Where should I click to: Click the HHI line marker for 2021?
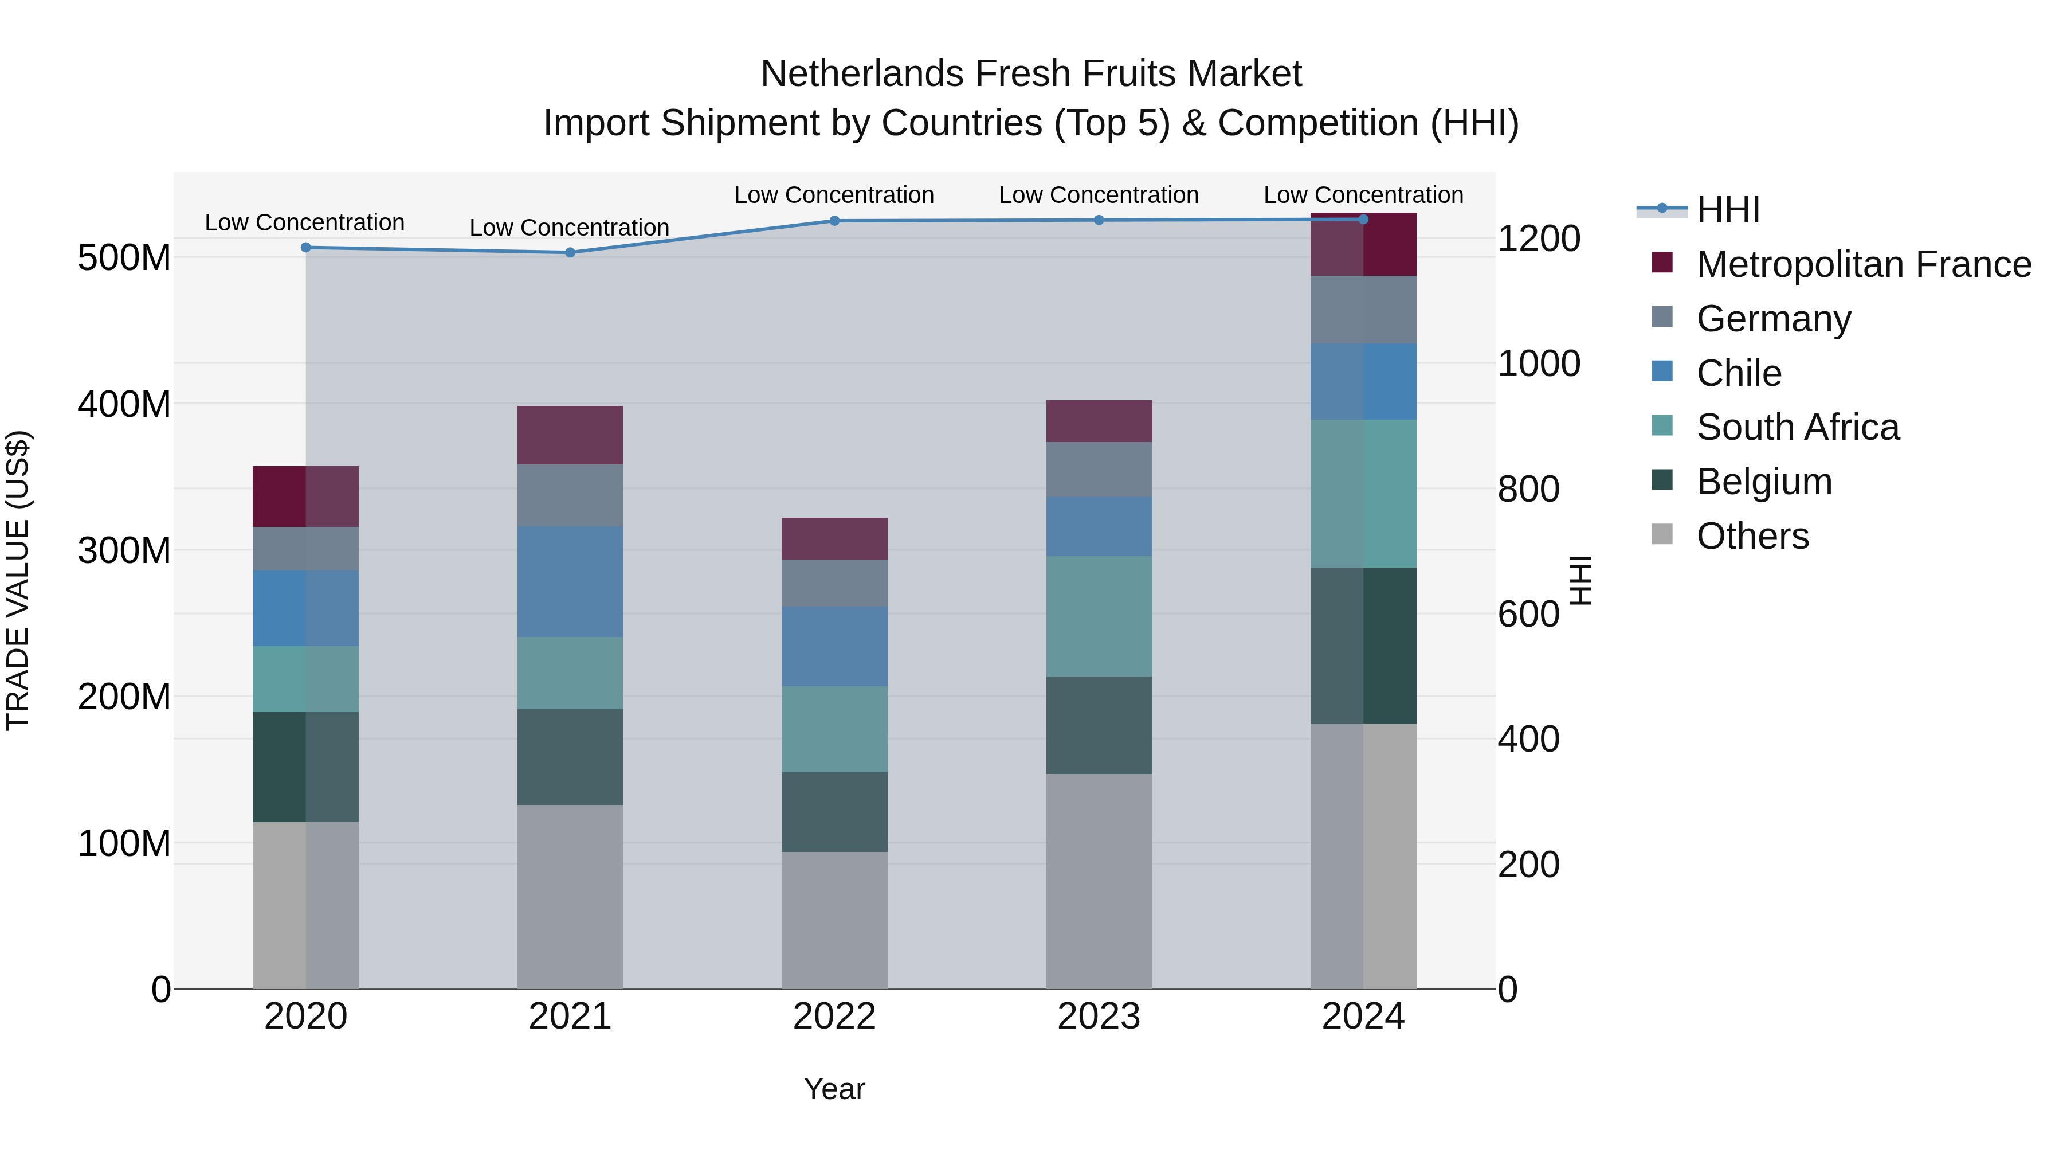point(570,252)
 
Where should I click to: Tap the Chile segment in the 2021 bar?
point(570,582)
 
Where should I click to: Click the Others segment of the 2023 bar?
point(1098,881)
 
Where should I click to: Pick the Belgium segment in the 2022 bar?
point(834,812)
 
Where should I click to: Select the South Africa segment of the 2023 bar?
point(1098,616)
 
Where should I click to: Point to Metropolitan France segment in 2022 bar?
point(834,538)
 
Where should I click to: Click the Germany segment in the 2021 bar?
point(570,495)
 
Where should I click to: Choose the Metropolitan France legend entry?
point(1863,264)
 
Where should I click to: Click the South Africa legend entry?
point(1797,427)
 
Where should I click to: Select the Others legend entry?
point(1752,536)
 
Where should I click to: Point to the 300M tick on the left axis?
point(124,550)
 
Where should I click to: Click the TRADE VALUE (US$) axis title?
point(18,580)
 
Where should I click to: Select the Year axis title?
point(834,1089)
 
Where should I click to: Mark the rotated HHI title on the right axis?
point(1580,580)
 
